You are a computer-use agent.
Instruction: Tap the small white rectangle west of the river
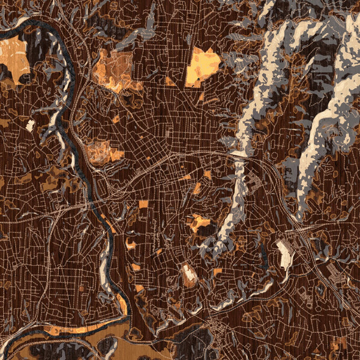point(31,125)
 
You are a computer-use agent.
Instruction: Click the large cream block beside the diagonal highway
point(284,254)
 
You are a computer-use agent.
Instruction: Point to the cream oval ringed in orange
point(188,274)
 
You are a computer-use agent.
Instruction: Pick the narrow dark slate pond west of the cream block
point(263,255)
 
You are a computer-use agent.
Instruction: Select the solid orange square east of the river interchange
point(143,204)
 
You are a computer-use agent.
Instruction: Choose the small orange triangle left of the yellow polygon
point(170,82)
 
